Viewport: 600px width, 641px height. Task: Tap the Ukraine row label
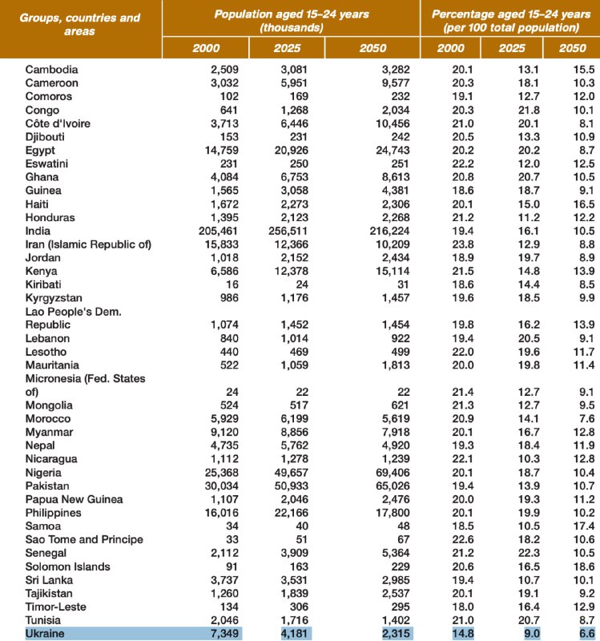45,635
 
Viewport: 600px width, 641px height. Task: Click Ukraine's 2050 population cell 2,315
391,635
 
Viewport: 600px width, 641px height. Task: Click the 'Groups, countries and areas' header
80,24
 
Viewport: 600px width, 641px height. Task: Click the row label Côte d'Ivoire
61,124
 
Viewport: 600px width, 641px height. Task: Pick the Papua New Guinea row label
73,499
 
